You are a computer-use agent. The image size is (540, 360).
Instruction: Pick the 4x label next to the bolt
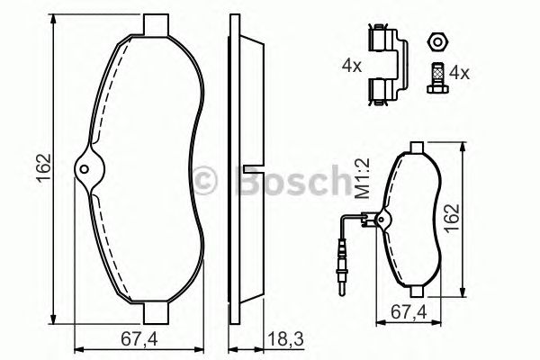coord(460,71)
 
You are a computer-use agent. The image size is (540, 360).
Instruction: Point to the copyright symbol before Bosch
coord(207,181)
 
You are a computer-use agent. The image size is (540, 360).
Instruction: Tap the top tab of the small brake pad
coord(417,147)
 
